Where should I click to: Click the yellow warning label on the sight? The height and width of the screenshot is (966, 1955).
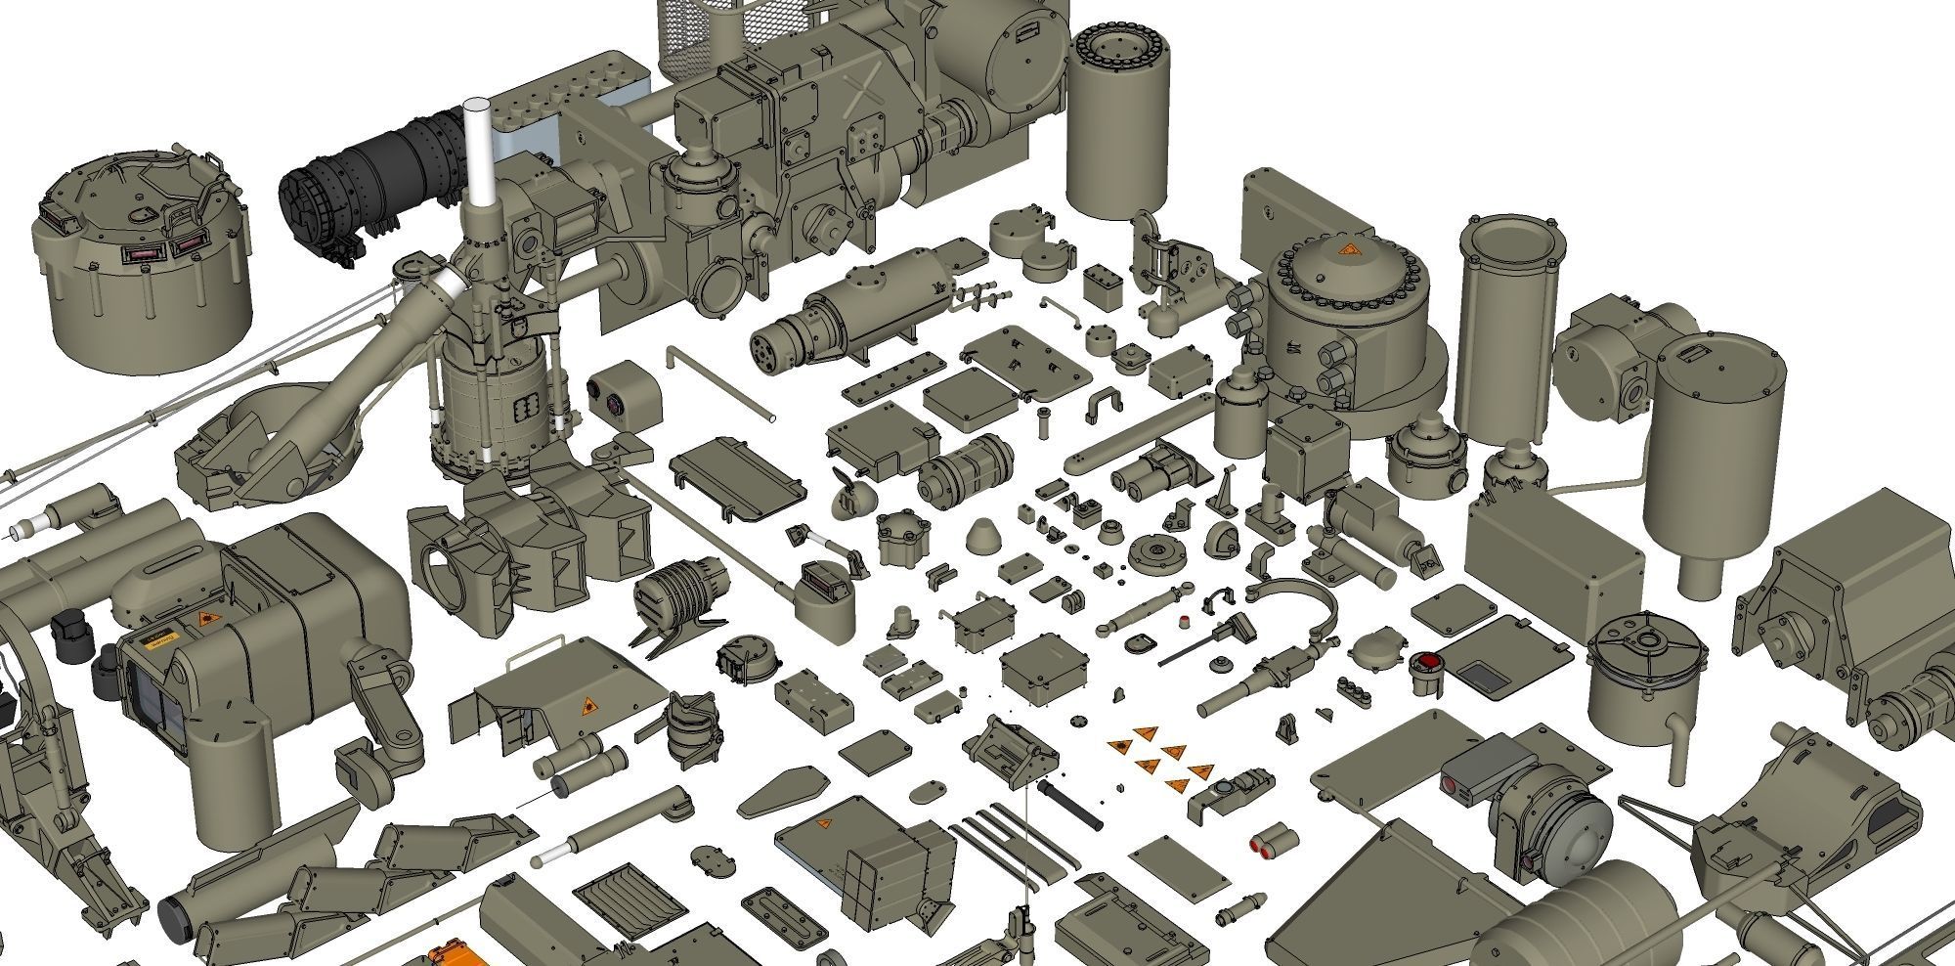pyautogui.click(x=157, y=640)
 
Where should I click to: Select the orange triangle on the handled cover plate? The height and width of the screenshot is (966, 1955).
pyautogui.click(x=588, y=706)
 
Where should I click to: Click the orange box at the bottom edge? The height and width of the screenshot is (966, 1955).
pyautogui.click(x=450, y=955)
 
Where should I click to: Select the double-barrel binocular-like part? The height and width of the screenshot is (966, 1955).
pyautogui.click(x=1153, y=470)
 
